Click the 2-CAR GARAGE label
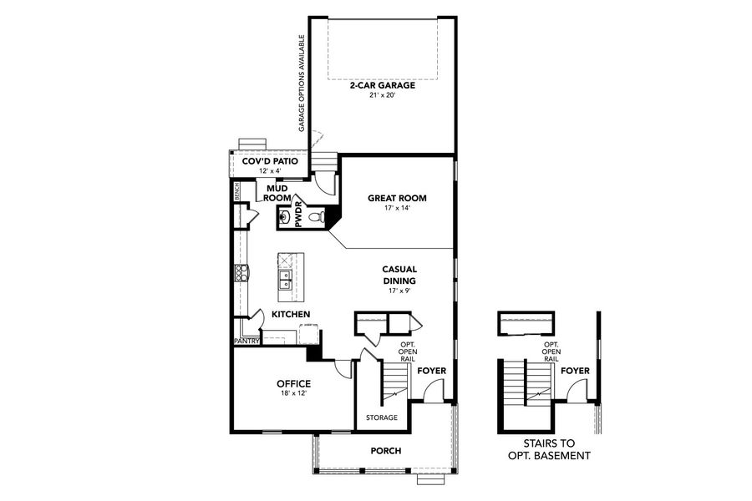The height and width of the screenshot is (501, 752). pos(384,84)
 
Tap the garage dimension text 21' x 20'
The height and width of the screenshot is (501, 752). pos(384,95)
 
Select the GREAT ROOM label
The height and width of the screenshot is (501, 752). pos(397,199)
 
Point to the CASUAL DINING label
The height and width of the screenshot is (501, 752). pos(399,275)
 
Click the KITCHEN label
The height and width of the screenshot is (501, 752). pos(291,314)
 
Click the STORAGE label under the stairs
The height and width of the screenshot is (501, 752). pos(382,417)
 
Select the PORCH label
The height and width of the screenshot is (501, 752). pos(386,451)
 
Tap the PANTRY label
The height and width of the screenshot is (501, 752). pos(247,341)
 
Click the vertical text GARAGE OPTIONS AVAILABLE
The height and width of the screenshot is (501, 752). pos(302,83)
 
